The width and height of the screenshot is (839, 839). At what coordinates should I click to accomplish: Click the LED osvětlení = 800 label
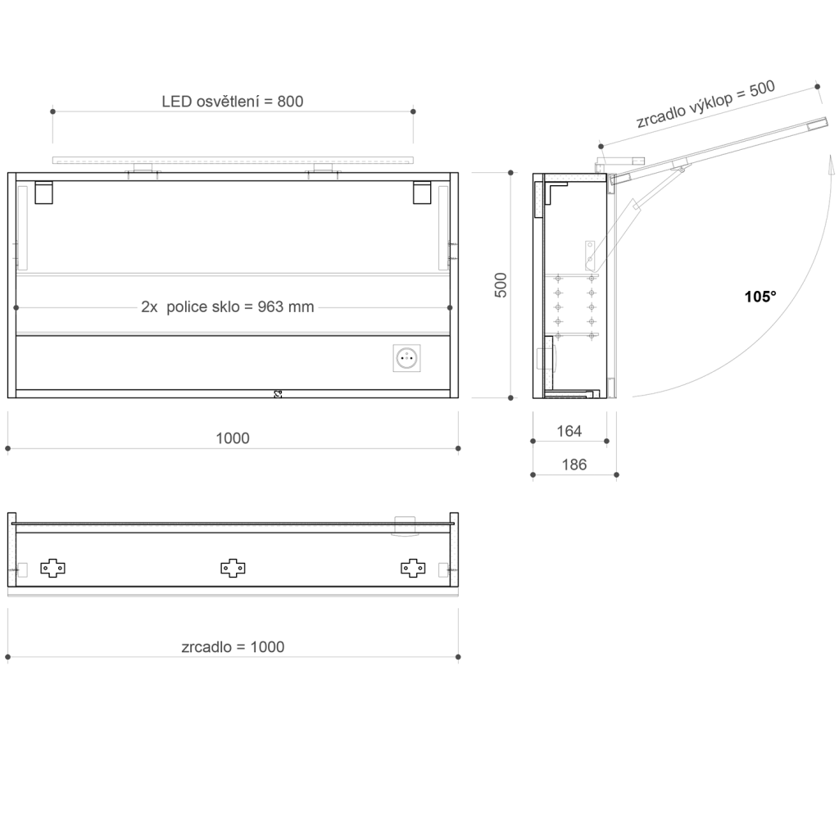233,102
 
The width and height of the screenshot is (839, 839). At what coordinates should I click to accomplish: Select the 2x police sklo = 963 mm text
227,307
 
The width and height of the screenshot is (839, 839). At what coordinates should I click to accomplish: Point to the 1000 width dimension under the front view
233,438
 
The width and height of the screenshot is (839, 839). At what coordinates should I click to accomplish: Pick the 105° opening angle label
760,297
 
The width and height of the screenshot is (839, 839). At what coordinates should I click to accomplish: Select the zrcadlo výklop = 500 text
705,105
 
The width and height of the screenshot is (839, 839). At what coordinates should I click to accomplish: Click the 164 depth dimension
569,431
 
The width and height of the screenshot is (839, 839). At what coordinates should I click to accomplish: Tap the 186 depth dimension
574,465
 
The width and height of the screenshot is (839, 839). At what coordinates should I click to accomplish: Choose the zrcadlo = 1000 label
233,646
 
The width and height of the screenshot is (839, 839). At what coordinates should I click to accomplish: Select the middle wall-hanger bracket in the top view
234,567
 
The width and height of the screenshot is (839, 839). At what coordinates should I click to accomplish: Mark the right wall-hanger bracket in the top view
412,567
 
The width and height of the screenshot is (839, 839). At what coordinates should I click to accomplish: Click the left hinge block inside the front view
43,193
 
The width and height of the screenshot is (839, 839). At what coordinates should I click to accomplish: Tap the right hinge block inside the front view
423,193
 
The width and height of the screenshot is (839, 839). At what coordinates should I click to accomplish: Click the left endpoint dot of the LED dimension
52,111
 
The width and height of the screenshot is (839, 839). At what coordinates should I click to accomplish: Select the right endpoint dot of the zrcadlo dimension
458,657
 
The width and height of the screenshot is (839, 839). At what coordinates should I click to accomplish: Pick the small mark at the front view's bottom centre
277,394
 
